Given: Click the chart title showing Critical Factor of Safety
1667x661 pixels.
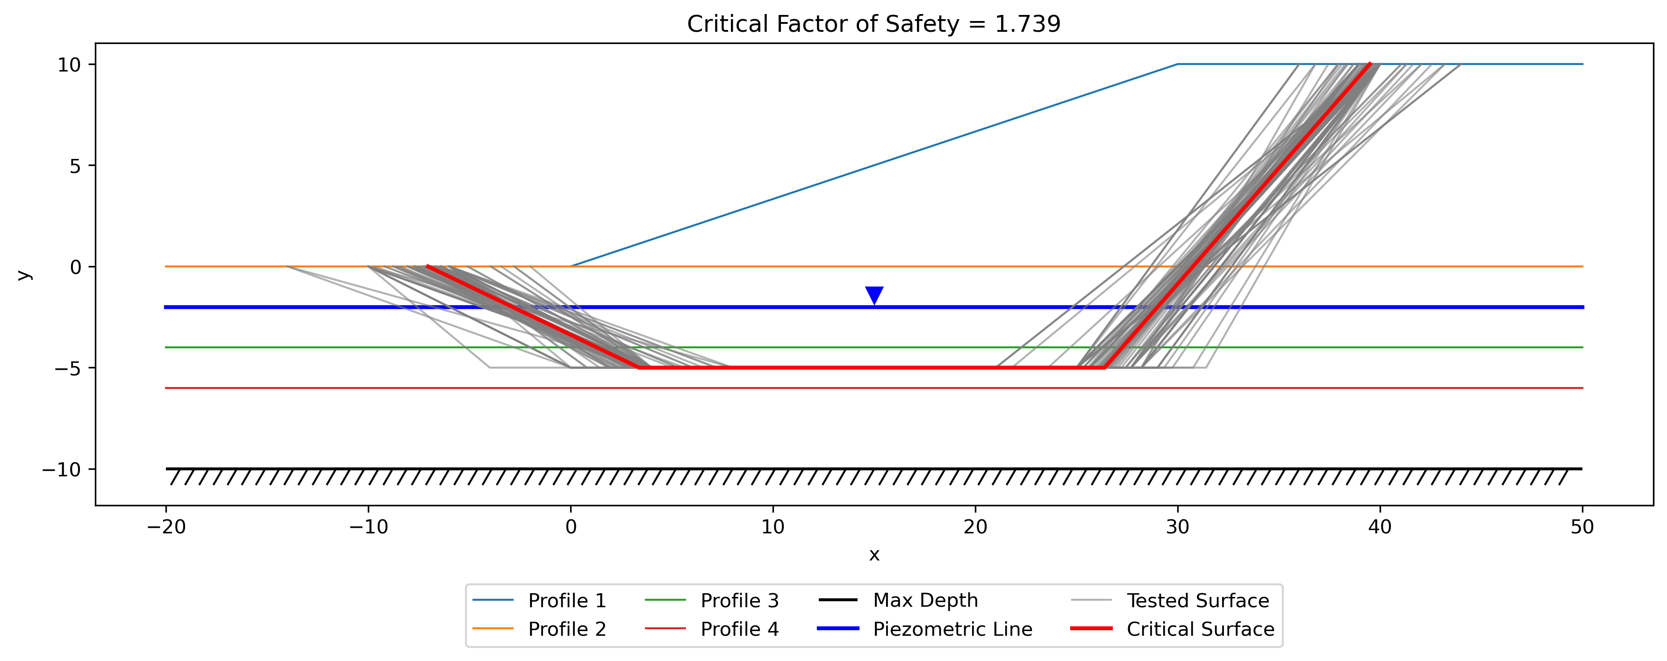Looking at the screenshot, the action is [x=873, y=24].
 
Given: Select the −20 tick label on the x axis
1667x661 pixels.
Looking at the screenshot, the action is [x=166, y=527].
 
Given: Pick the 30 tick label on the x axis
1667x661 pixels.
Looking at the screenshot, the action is [x=1178, y=527].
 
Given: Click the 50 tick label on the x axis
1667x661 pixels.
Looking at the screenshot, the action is [x=1582, y=527].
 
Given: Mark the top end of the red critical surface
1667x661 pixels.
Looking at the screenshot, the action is [x=1370, y=64].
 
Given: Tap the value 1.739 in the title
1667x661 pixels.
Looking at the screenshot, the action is [x=1028, y=24].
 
